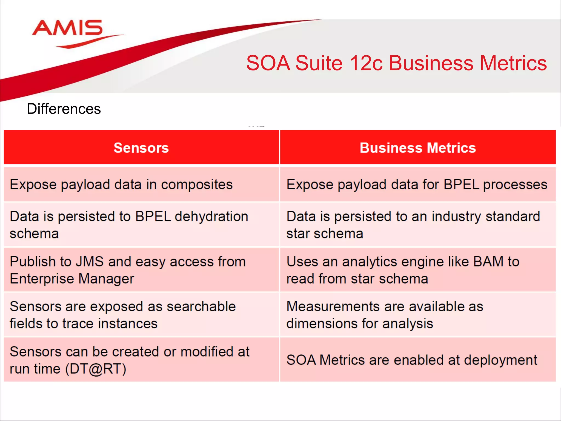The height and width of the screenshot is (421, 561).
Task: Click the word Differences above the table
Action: (64, 109)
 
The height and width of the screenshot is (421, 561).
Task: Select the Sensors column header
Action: (141, 148)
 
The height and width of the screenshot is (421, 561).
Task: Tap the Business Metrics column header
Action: (417, 148)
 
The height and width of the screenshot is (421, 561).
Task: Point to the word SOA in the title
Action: (268, 63)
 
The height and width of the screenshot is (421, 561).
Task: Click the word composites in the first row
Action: (197, 184)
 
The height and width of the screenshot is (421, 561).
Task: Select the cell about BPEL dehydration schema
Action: (129, 225)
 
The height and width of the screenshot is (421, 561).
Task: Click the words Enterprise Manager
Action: (72, 279)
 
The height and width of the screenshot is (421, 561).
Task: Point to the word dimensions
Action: (322, 324)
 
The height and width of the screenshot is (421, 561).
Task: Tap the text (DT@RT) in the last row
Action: (96, 369)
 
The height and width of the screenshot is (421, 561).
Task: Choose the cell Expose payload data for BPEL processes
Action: (416, 184)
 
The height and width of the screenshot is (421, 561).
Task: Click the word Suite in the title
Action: (319, 63)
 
